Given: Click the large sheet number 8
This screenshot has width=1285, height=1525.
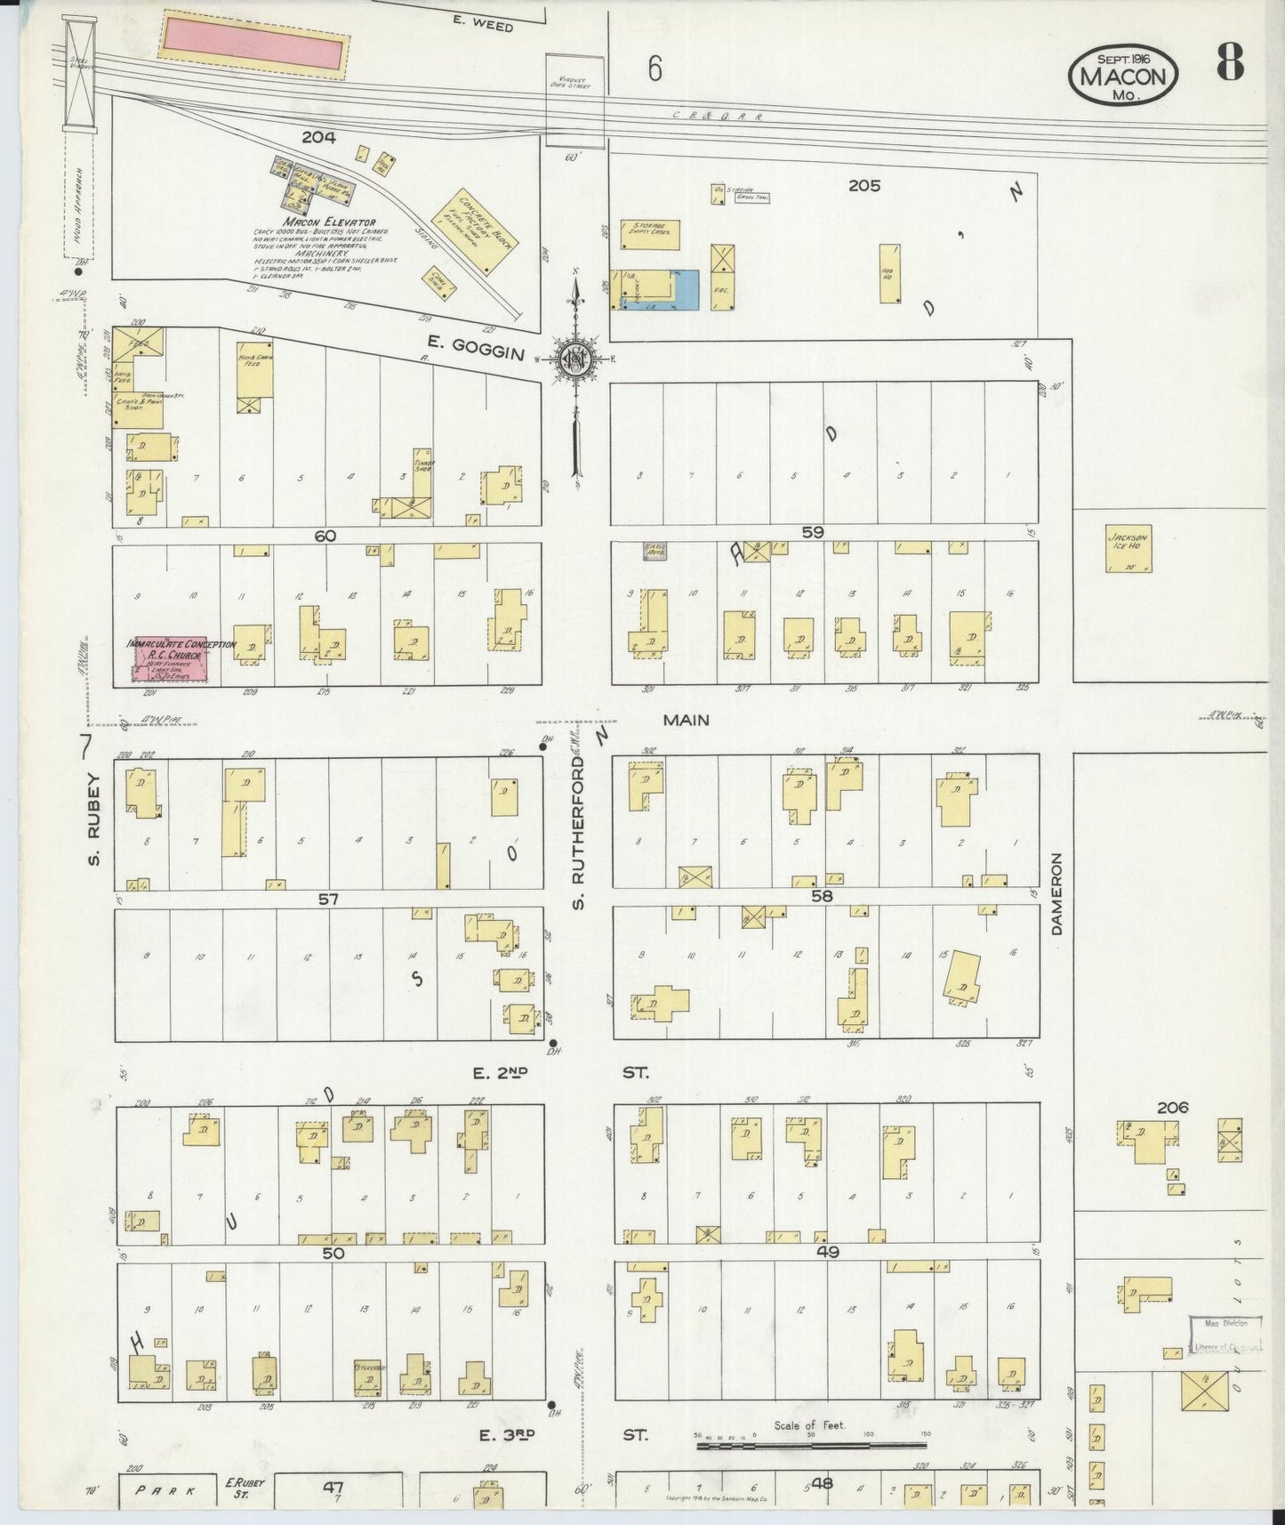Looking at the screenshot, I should pyautogui.click(x=1229, y=62).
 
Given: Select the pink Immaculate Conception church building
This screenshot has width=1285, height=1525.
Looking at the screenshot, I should pyautogui.click(x=171, y=659).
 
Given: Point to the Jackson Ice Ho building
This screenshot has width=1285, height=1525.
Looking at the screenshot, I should pyautogui.click(x=1128, y=548).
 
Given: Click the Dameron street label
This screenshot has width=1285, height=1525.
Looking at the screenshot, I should pyautogui.click(x=1057, y=893).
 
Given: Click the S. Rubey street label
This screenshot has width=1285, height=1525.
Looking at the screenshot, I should pyautogui.click(x=95, y=819).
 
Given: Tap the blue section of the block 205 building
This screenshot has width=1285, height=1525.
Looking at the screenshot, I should pyautogui.click(x=691, y=290).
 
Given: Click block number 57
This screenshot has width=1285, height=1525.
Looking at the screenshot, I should pyautogui.click(x=328, y=900).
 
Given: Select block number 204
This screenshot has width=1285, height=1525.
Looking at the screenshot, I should pyautogui.click(x=317, y=137).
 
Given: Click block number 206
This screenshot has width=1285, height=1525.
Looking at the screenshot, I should pyautogui.click(x=1173, y=1108).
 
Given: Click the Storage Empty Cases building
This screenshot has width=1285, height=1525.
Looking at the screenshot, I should pyautogui.click(x=650, y=235).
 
